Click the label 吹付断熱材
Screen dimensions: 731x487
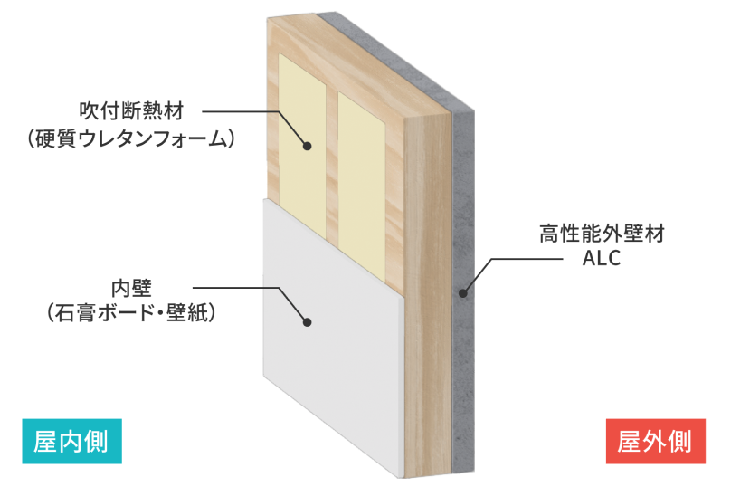click(x=131, y=111)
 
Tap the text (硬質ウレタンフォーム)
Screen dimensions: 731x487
click(x=131, y=139)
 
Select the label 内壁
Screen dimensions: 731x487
click(x=131, y=289)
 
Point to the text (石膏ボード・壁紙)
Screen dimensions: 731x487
click(x=131, y=313)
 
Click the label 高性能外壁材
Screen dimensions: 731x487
click(x=602, y=234)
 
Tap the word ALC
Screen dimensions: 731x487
click(x=602, y=258)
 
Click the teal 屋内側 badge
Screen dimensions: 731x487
click(x=71, y=441)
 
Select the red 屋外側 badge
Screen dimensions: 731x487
click(x=656, y=441)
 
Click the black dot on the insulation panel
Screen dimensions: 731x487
click(x=307, y=146)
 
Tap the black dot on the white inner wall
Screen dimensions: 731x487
click(x=307, y=322)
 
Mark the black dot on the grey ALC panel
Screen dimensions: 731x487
click(x=462, y=293)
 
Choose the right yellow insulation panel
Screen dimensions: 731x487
click(x=362, y=186)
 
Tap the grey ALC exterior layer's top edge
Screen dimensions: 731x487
click(x=395, y=62)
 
